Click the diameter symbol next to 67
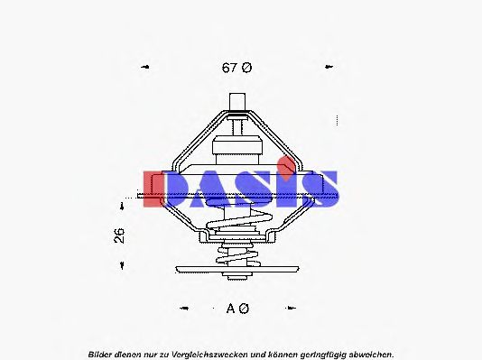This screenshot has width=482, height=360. click(246, 68)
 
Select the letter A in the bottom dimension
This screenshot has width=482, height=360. click(231, 309)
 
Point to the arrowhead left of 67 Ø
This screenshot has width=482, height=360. click(144, 68)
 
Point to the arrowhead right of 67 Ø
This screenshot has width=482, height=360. click(329, 68)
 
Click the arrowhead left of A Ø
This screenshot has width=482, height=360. click(184, 309)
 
